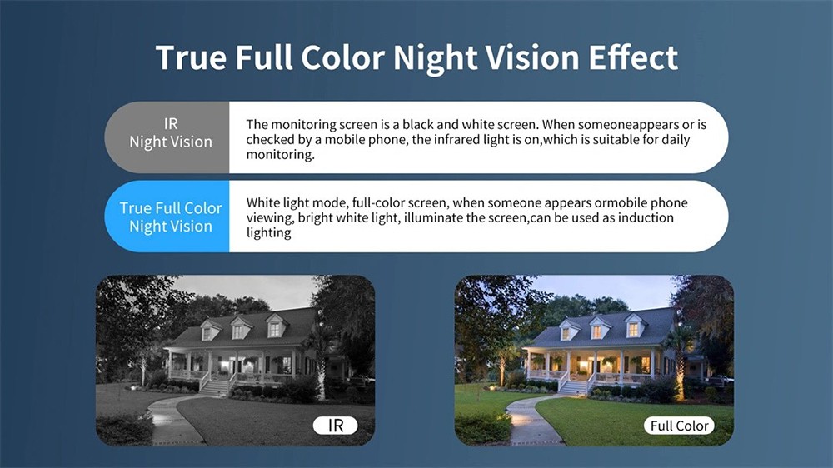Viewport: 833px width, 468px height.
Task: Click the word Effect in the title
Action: (x=633, y=57)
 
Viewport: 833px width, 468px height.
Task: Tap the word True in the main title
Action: (x=192, y=57)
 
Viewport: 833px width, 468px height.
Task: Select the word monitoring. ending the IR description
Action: (x=280, y=155)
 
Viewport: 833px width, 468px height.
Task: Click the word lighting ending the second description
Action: (x=269, y=233)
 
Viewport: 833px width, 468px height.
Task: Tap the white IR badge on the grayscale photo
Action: (x=335, y=426)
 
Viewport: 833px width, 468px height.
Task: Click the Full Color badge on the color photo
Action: (x=679, y=426)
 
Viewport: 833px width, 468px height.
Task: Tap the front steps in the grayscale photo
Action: (x=215, y=386)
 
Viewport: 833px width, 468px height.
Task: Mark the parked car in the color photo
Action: (x=721, y=381)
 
